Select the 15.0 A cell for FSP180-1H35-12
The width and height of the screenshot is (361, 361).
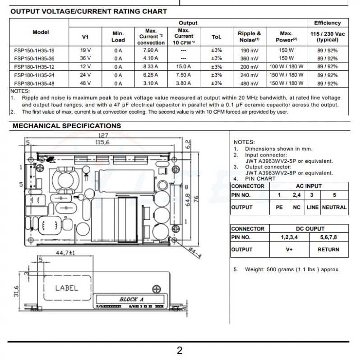click(183, 66)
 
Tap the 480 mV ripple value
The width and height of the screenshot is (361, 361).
click(249, 84)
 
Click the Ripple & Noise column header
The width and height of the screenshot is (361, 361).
click(249, 36)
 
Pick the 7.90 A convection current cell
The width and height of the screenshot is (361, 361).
click(150, 50)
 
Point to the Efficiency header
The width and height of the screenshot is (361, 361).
click(327, 23)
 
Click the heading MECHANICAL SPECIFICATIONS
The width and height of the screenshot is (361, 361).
click(66, 126)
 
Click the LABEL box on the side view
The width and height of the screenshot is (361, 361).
click(66, 287)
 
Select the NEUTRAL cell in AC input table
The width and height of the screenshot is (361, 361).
click(334, 208)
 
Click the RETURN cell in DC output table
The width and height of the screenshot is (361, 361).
click(328, 250)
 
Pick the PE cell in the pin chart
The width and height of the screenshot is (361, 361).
click(279, 208)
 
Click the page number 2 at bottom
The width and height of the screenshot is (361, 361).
click(180, 351)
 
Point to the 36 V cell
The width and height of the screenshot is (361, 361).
click(85, 58)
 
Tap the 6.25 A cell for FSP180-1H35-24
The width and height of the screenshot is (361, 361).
click(150, 75)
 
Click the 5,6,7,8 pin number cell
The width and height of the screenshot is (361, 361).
click(328, 237)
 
